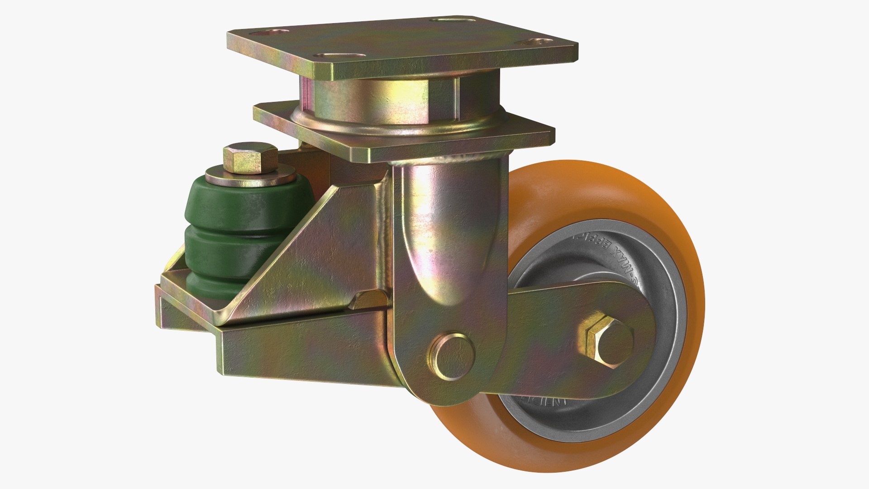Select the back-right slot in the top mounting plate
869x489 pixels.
[x=453, y=20]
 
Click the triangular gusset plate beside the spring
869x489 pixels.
[x=312, y=254]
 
